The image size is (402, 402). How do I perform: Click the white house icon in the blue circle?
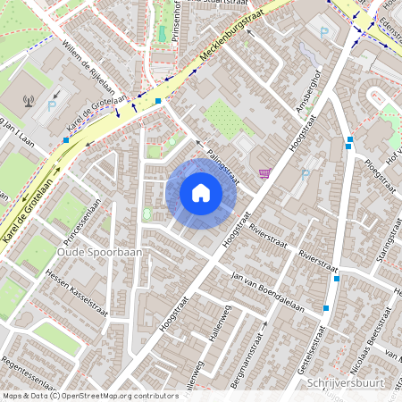(201, 193)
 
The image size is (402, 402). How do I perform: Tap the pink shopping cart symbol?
(264, 172)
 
